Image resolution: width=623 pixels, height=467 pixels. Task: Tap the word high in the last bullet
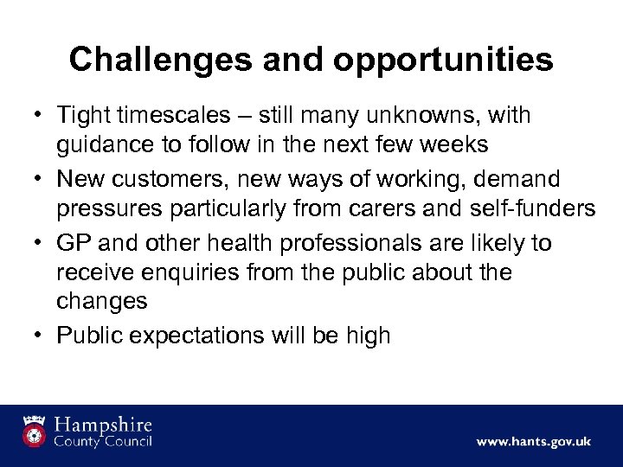pyautogui.click(x=369, y=336)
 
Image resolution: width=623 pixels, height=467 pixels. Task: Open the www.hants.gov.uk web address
pyautogui.click(x=533, y=441)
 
